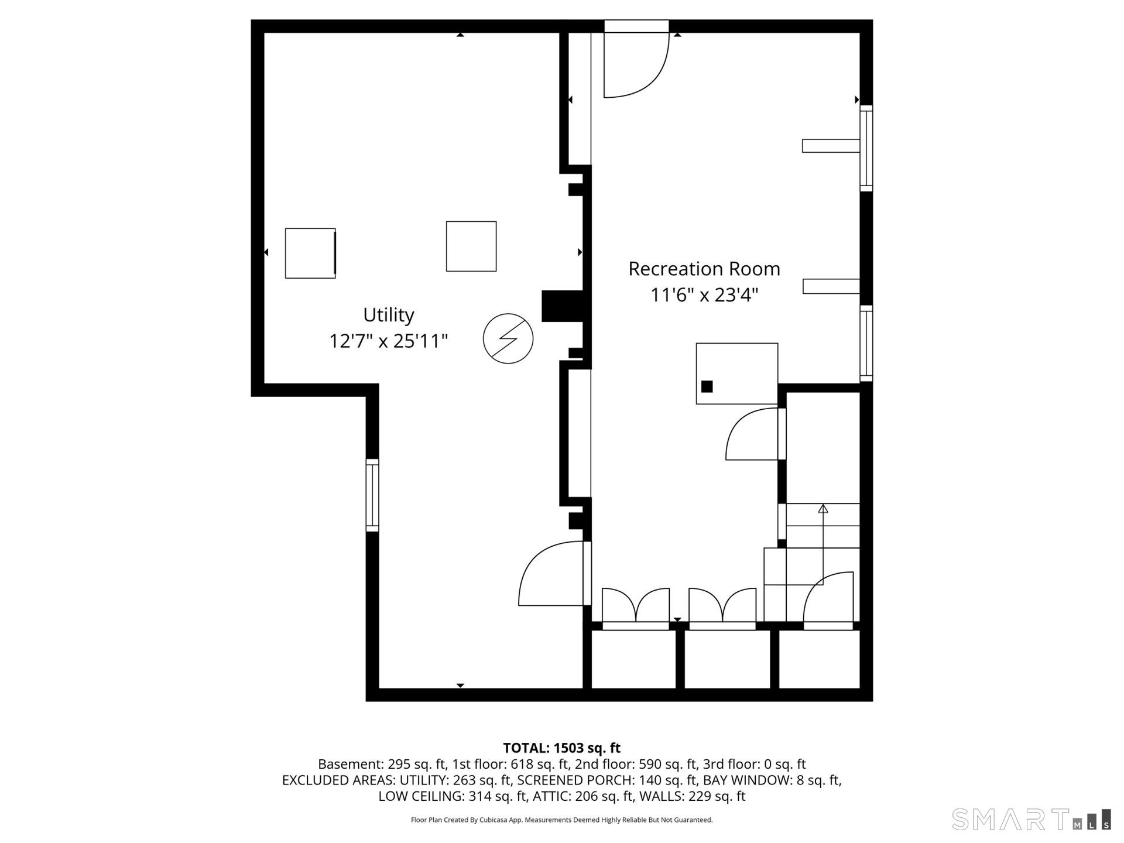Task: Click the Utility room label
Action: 388,315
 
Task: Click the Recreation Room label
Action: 704,269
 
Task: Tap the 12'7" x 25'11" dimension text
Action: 388,341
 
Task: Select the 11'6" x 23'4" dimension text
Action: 704,294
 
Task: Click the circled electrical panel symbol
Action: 508,338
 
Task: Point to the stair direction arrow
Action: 823,509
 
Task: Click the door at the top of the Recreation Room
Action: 636,64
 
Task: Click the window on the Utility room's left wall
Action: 372,495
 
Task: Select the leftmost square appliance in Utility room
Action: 310,253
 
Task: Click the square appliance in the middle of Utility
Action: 471,246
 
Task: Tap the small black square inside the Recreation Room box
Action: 707,386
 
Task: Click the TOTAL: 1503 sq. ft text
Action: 561,748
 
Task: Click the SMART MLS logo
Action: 1030,819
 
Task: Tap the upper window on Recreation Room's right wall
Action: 866,148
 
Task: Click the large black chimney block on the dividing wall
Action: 562,306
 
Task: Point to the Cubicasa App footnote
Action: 561,820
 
